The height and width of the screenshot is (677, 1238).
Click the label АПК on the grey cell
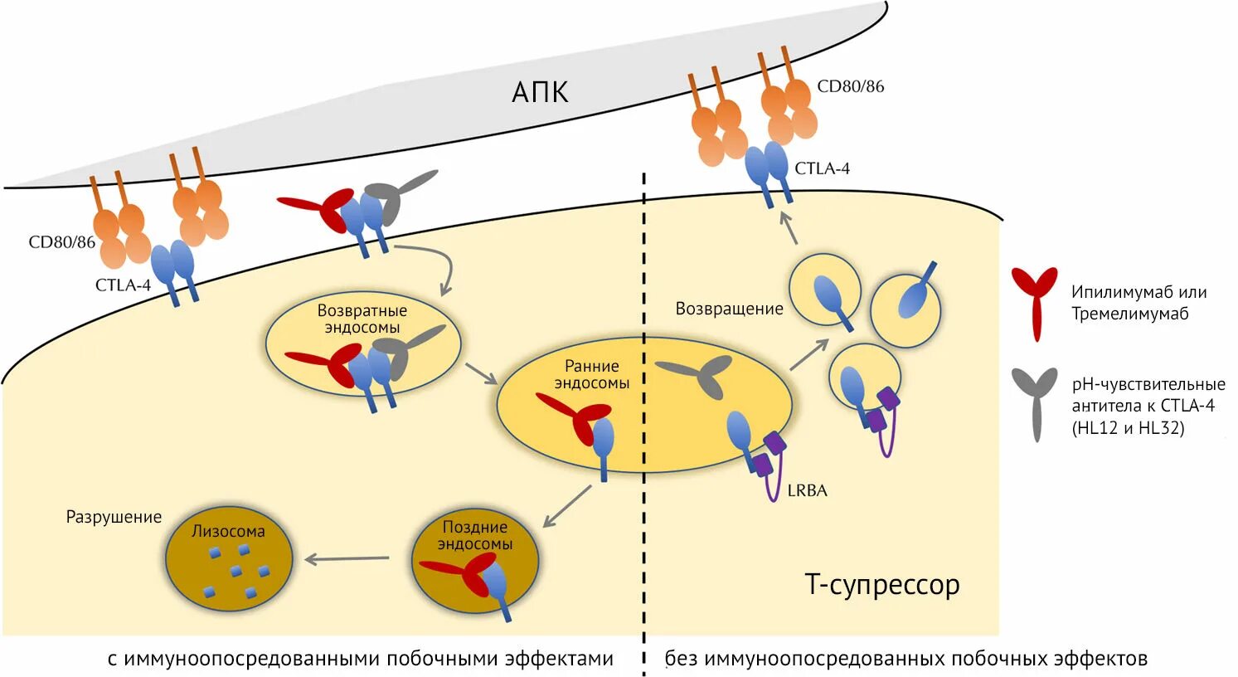point(540,91)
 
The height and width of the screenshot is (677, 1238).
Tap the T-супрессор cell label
point(882,585)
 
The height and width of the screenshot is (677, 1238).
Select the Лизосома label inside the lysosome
point(228,532)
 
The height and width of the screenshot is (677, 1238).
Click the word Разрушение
point(114,517)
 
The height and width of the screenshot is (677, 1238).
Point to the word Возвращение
point(729,309)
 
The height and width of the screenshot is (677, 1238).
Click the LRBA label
point(807,490)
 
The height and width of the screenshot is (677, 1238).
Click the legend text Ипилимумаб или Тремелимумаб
point(1138,303)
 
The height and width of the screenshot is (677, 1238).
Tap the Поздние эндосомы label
point(474,535)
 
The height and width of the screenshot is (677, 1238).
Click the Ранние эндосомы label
point(591,374)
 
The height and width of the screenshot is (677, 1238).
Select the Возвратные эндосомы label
point(362,319)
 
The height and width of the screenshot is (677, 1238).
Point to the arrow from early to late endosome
point(567,506)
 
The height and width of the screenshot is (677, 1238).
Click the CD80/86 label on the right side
point(850,86)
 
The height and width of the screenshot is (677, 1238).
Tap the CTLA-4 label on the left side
point(123,285)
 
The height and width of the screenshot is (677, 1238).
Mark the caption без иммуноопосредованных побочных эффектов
point(905,659)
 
